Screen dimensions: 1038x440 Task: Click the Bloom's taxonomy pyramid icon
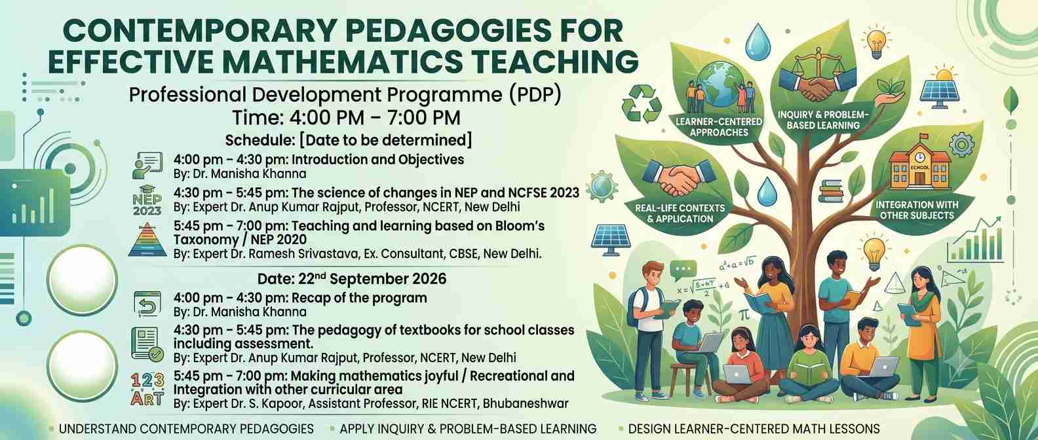coord(147,239)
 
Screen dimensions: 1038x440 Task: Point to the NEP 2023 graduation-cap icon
coord(147,200)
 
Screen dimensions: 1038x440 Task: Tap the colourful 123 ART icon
coord(148,389)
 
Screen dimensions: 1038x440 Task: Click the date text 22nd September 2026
coord(352,278)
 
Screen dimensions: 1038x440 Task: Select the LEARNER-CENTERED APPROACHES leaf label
coord(719,127)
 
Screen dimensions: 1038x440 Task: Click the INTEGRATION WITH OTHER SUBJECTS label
coord(917,210)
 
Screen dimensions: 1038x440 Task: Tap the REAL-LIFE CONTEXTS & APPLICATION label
coord(680,213)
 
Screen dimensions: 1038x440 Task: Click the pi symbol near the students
coord(744,314)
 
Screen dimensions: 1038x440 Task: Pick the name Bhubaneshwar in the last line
coord(526,403)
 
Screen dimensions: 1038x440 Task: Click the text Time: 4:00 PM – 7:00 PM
coord(347,117)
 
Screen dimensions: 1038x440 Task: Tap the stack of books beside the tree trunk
coord(831,191)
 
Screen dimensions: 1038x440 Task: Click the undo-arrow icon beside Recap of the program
coord(147,304)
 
